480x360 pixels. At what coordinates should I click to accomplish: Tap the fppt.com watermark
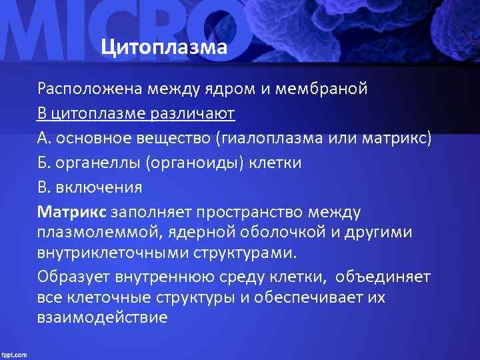pos(14,354)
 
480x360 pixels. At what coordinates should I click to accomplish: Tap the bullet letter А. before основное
pos(44,138)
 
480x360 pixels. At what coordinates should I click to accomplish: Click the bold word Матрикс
pos(71,212)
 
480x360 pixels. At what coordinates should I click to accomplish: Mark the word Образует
pos(70,276)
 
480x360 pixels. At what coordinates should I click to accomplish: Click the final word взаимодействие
pos(102,318)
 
